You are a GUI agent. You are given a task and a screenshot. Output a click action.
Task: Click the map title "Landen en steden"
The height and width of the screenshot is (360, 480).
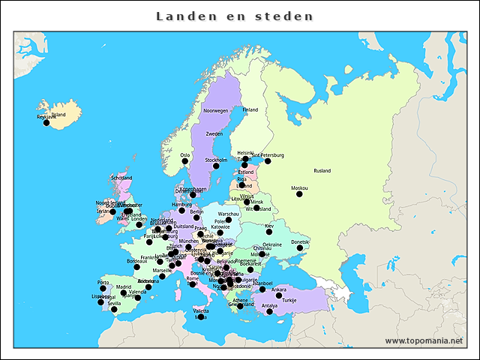pos(235,16)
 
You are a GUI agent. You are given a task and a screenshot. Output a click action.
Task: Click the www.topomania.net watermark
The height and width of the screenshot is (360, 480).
pos(424,340)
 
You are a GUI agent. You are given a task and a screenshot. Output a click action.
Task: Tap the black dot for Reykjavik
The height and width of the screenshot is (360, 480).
pos(46,123)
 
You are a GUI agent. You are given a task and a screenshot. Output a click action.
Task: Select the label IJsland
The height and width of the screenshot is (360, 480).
pos(58,115)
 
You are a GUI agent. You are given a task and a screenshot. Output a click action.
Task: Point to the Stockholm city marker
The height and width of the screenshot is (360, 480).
pos(216,166)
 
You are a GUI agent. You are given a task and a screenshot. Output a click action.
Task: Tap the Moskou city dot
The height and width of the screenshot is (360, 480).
pos(299,193)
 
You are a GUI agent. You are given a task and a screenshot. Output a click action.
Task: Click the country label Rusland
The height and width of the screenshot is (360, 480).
pos(322,171)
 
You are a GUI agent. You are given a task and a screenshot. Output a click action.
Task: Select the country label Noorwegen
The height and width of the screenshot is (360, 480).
pos(215,110)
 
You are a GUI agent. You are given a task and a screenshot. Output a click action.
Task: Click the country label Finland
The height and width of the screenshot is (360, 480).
pos(250,109)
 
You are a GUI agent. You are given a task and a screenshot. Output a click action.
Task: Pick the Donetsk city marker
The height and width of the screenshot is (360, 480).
pos(300,247)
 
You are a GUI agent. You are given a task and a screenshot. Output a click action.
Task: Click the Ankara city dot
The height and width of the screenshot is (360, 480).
pos(278,295)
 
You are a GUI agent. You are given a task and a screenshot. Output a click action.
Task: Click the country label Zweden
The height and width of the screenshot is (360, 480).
pos(214,133)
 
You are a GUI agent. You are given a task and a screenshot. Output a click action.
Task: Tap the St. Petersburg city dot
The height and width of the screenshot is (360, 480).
pos(268,160)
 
